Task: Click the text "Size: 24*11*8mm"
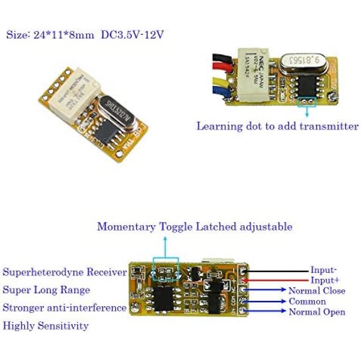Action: tap(50, 35)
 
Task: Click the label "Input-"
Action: tap(323, 270)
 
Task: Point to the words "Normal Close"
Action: tap(316, 291)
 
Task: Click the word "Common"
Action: tap(307, 301)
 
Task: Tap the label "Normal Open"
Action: tap(317, 312)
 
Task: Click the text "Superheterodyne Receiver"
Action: tap(65, 272)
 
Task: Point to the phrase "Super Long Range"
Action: tap(46, 290)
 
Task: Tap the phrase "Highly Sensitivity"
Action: tap(46, 326)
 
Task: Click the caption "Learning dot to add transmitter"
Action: tap(277, 126)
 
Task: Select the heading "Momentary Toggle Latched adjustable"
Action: tap(194, 226)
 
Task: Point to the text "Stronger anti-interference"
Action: tap(64, 308)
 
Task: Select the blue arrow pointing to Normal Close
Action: tap(267, 291)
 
